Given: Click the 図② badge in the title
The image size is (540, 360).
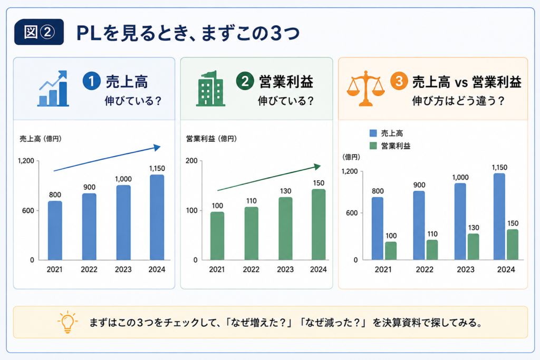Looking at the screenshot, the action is pos(39,32).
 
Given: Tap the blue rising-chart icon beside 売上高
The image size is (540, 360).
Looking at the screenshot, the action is pos(53,89).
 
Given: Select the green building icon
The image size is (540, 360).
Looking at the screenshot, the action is pos(210,89).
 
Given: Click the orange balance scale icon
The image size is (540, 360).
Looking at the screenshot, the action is pos(365,89).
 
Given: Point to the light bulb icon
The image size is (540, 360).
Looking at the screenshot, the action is pos(67,322).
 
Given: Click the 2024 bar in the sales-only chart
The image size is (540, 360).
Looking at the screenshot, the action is pos(157,217).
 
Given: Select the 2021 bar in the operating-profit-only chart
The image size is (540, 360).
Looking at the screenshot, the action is pos(217,236).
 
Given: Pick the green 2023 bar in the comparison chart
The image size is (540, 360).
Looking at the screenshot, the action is pos(473,247).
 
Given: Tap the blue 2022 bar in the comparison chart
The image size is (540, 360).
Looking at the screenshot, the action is pos(419,226).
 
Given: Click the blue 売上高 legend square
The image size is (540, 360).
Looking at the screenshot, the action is pos(373,133).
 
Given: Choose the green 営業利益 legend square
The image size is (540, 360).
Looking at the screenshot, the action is pos(373,146).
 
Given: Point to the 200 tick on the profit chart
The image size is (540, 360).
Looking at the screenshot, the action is pos(191,161).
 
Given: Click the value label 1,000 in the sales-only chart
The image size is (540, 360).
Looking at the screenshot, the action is pos(123,179).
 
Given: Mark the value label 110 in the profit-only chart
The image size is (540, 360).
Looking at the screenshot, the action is pos(252,201).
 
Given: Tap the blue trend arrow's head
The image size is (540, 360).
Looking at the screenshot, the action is pos(157,147).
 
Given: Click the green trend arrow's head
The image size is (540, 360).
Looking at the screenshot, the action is pos(317,167).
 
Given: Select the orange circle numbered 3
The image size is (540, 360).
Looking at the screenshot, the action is pos(399,81).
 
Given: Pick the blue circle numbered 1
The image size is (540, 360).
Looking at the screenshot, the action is pos(92,81).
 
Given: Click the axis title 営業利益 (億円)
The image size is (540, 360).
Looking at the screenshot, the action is pos(211,139).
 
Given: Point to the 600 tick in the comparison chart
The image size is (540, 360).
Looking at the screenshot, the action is pos(352,213).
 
